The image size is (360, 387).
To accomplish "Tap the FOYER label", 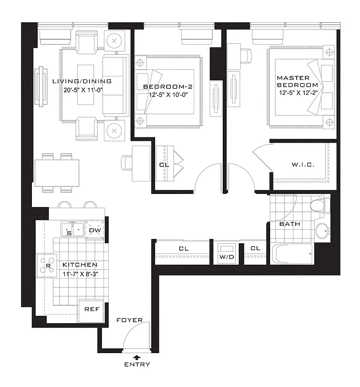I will point(129,320).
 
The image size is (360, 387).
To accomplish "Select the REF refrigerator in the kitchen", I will point(92,309).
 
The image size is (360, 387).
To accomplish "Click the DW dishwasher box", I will point(95,230).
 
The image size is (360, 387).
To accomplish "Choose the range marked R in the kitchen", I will point(49,266).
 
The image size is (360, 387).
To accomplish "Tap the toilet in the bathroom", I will point(318,204).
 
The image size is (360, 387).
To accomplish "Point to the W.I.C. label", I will point(303,165).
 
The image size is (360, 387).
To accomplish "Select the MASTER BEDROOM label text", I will point(294,81).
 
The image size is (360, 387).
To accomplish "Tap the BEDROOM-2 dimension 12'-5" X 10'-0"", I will point(165,95).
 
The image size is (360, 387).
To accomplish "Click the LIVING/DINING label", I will point(82,81).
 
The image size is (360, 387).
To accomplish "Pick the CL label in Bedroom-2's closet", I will point(164,164).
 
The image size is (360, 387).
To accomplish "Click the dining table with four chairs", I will point(57,172).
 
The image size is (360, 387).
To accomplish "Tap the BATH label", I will point(290,224).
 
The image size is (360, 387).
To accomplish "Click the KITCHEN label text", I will point(80,265).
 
